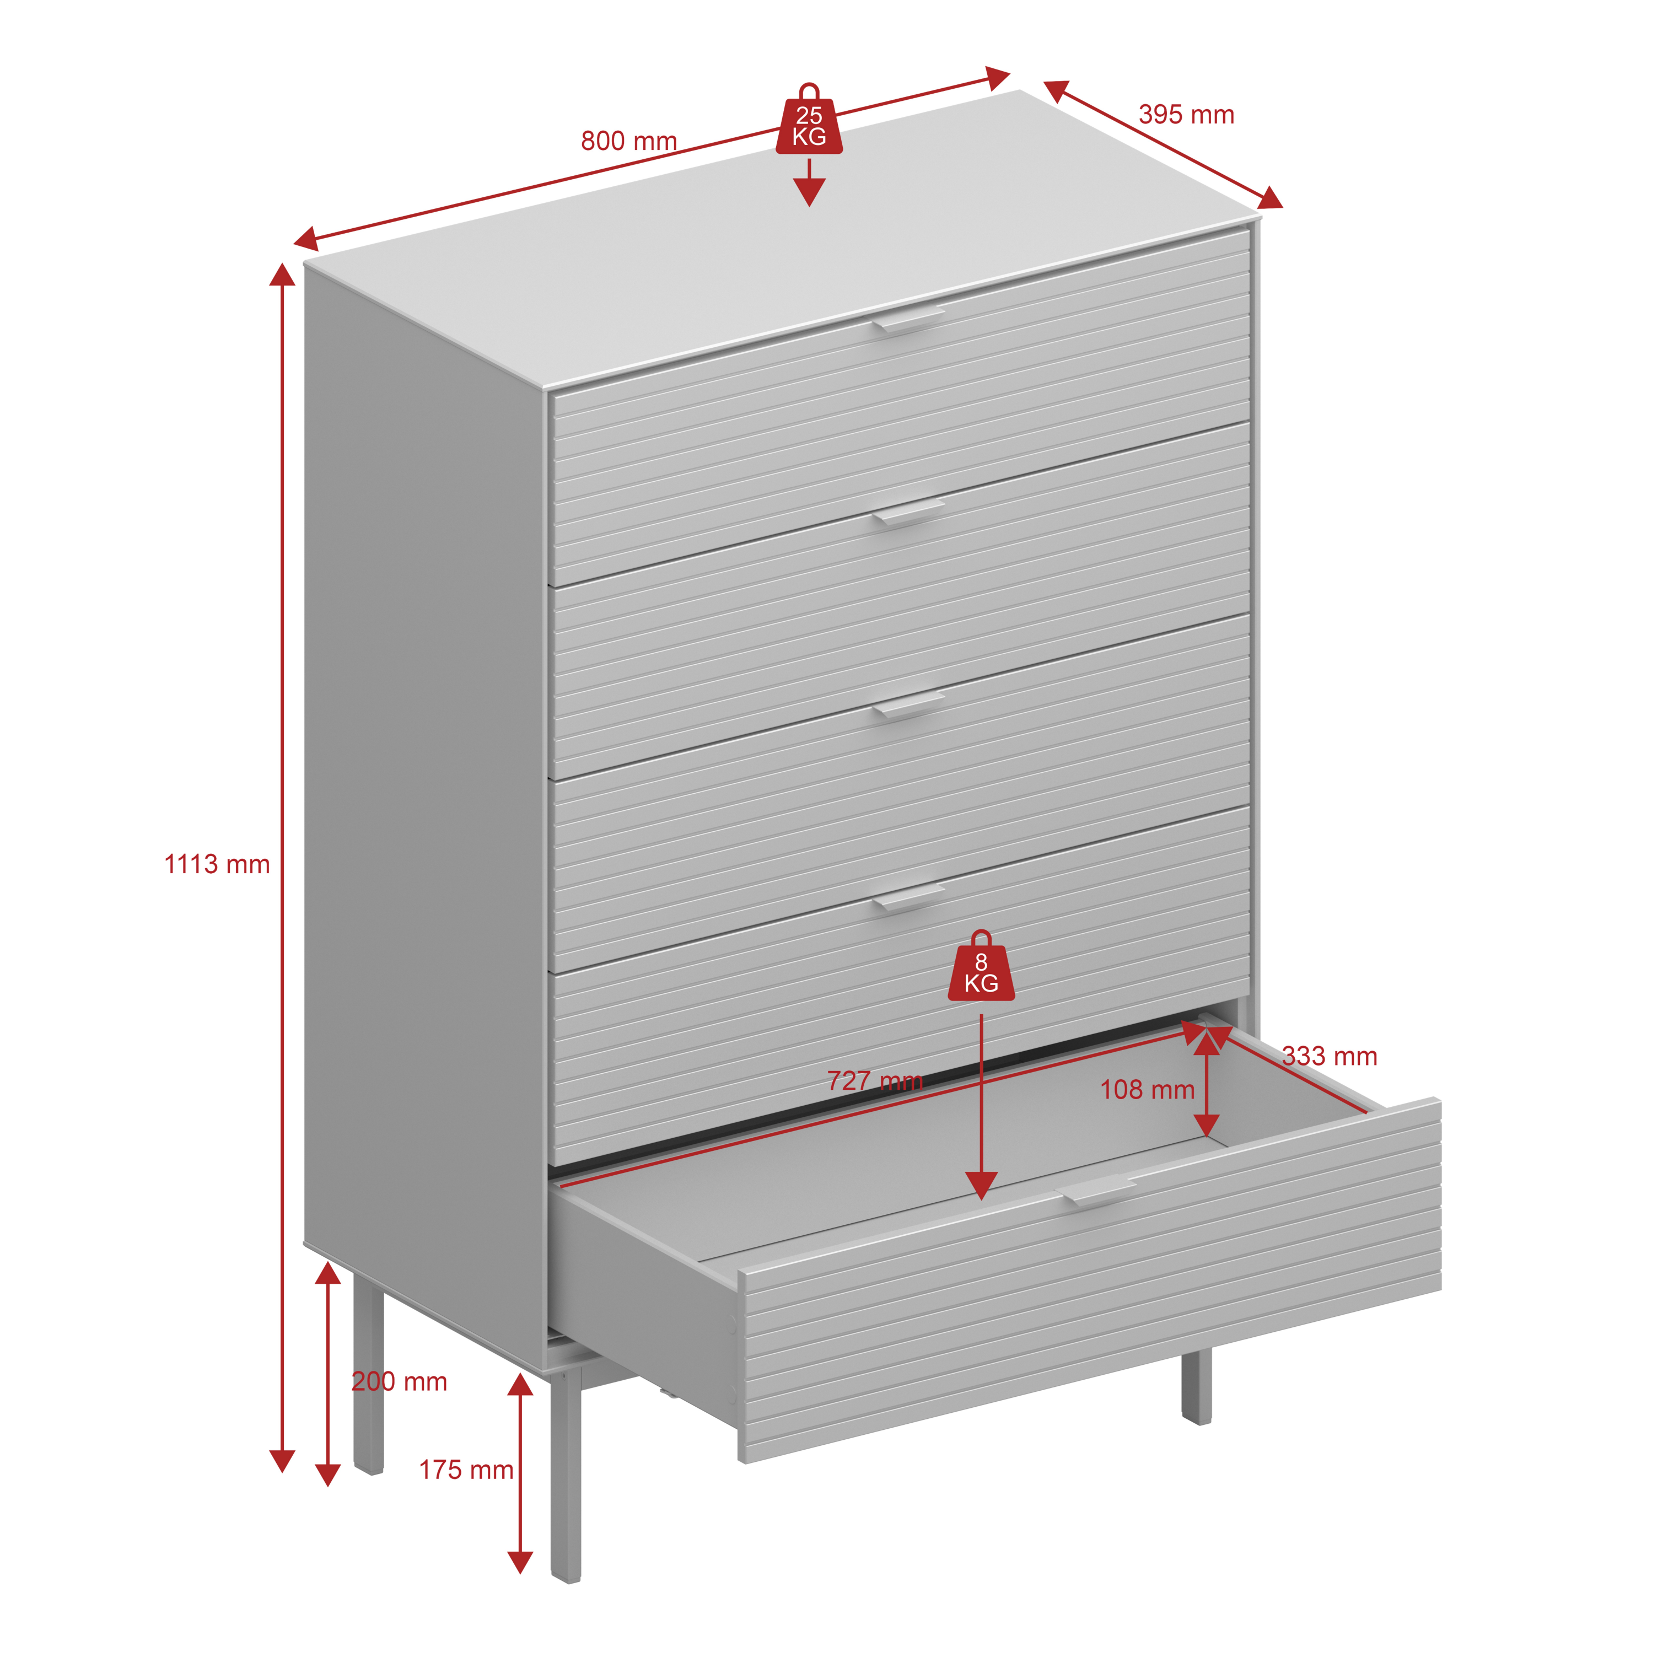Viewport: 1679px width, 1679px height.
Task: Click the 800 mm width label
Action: click(628, 141)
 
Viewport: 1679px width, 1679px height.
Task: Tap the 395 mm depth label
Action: click(1186, 115)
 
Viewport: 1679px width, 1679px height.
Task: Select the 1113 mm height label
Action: click(217, 865)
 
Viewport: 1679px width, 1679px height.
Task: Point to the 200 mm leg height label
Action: click(399, 1382)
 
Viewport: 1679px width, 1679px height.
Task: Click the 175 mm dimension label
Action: click(466, 1470)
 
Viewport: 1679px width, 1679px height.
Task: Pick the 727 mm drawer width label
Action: click(874, 1081)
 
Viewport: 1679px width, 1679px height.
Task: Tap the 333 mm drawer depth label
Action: click(1330, 1057)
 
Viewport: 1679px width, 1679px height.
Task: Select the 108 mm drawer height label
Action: click(1147, 1090)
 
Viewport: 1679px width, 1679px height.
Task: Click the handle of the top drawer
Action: click(909, 319)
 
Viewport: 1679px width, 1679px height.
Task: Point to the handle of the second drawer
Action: click(909, 512)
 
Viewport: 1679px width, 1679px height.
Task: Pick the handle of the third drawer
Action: click(909, 705)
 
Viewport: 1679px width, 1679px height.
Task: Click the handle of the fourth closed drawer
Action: click(909, 898)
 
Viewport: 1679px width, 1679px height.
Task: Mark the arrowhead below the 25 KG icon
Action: click(809, 192)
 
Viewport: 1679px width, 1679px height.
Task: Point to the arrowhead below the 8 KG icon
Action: click(981, 1185)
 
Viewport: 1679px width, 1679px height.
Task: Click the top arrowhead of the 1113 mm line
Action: click(282, 275)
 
